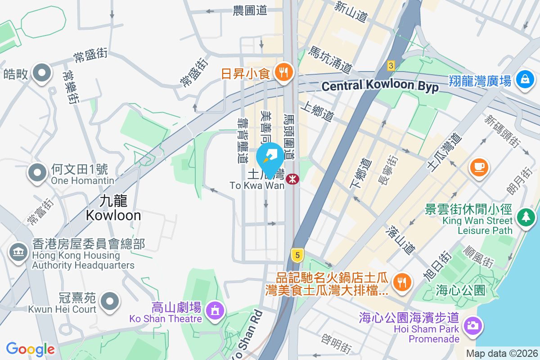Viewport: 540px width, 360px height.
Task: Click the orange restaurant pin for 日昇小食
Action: coord(283,72)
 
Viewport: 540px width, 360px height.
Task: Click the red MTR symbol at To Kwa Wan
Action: coord(293,179)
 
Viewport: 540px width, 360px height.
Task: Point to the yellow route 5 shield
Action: coord(296,255)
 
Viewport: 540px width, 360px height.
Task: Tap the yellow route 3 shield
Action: coord(391,66)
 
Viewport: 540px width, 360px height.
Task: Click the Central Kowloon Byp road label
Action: coord(380,86)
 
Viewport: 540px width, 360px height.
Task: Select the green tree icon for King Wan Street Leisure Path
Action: coord(525,217)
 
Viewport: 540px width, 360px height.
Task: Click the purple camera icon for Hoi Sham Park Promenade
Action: coord(472,325)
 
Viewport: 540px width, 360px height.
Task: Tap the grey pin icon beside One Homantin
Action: coord(38,172)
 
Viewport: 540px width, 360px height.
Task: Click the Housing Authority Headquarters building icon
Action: coord(18,252)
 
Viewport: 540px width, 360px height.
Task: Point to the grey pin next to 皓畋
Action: coord(41,73)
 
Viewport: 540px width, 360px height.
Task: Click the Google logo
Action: coord(30,349)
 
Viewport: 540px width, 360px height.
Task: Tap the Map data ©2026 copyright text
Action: coord(502,354)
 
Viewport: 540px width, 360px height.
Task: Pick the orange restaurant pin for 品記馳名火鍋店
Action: coord(400,282)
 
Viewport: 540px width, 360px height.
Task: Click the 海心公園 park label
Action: coord(461,291)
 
